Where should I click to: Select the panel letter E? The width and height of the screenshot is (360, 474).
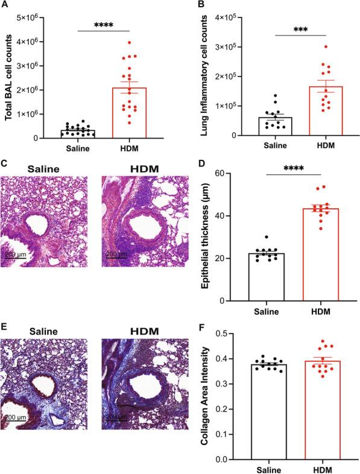click(5, 327)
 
